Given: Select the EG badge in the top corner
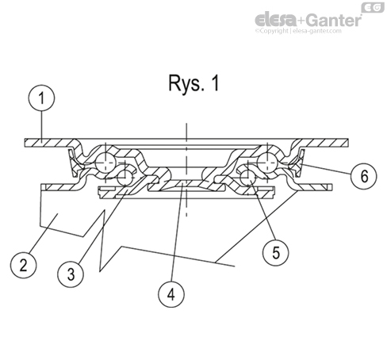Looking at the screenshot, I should pyautogui.click(x=371, y=7).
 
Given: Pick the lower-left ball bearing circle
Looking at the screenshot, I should pyautogui.click(x=125, y=182).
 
